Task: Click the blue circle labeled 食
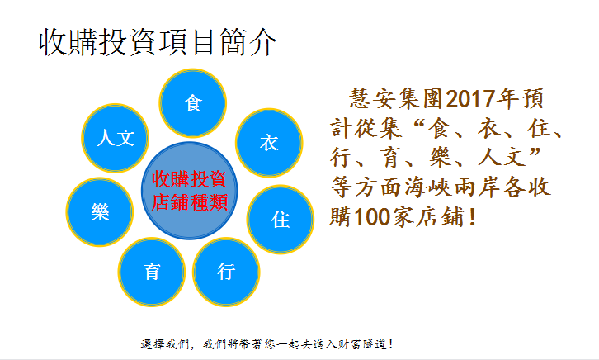pyautogui.click(x=192, y=103)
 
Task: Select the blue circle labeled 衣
pyautogui.click(x=269, y=143)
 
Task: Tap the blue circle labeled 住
pyautogui.click(x=281, y=220)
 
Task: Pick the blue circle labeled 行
pyautogui.click(x=226, y=272)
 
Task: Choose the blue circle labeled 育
pyautogui.click(x=152, y=272)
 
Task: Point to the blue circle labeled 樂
pyautogui.click(x=100, y=211)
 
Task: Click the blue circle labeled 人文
pyautogui.click(x=115, y=138)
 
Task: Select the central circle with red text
pyautogui.click(x=190, y=191)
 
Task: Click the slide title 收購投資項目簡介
pyautogui.click(x=158, y=42)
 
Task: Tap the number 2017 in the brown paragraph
pyautogui.click(x=470, y=98)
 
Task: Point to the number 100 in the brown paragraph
pyautogui.click(x=372, y=217)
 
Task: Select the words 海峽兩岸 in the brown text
pyautogui.click(x=453, y=188)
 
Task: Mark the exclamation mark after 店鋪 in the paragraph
pyautogui.click(x=474, y=217)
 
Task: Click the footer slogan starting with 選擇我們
pyautogui.click(x=266, y=344)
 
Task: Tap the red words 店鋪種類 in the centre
pyautogui.click(x=190, y=202)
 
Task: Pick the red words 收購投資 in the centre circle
pyautogui.click(x=190, y=179)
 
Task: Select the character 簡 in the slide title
pyautogui.click(x=233, y=42)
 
